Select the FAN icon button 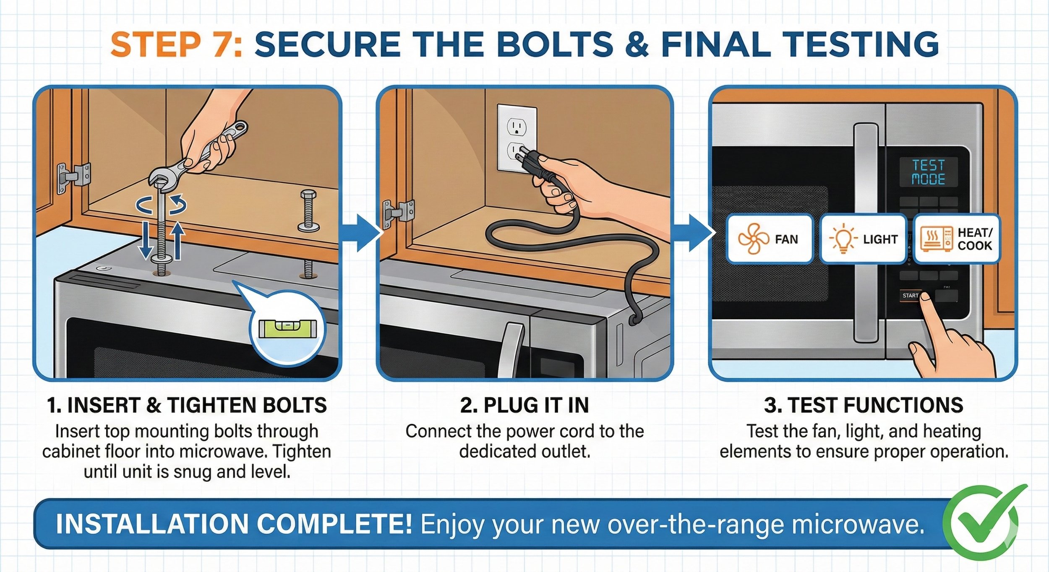[769, 239]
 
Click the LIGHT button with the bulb [863, 239]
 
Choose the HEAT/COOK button [957, 239]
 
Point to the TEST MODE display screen [928, 172]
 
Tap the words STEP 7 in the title [176, 44]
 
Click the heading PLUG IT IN [524, 405]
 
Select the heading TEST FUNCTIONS [864, 405]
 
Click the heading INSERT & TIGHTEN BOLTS [187, 405]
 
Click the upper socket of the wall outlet [517, 126]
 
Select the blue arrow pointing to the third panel [694, 233]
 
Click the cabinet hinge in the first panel [74, 178]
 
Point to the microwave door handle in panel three [866, 233]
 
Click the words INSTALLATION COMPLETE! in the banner [234, 524]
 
